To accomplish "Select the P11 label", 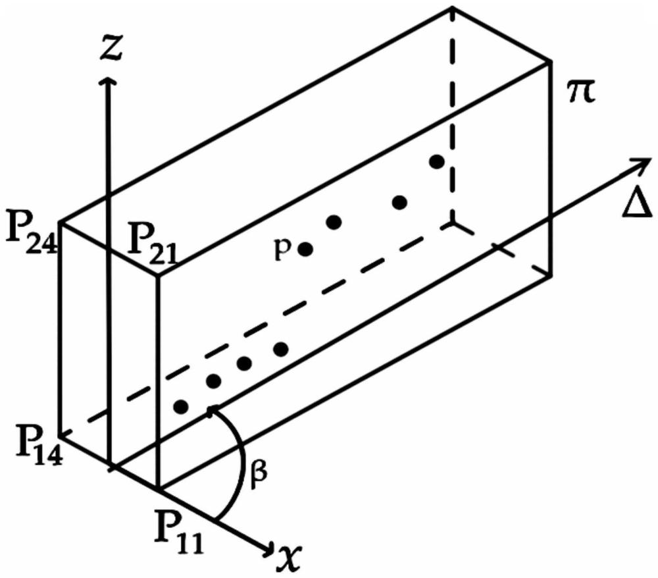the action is click(x=178, y=527).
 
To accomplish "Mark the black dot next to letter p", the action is click(x=305, y=249).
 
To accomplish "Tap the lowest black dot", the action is click(x=182, y=406).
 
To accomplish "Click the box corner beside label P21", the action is click(x=159, y=275).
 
